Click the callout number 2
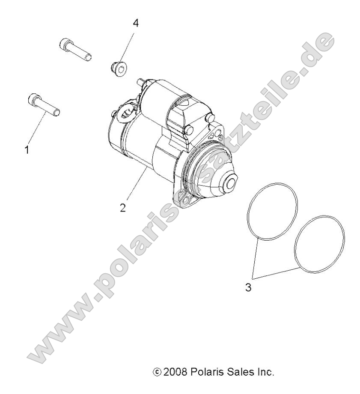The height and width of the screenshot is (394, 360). [123, 208]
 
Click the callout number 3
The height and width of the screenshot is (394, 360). [249, 287]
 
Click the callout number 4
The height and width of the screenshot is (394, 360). [136, 24]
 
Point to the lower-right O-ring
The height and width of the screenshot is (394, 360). [319, 243]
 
